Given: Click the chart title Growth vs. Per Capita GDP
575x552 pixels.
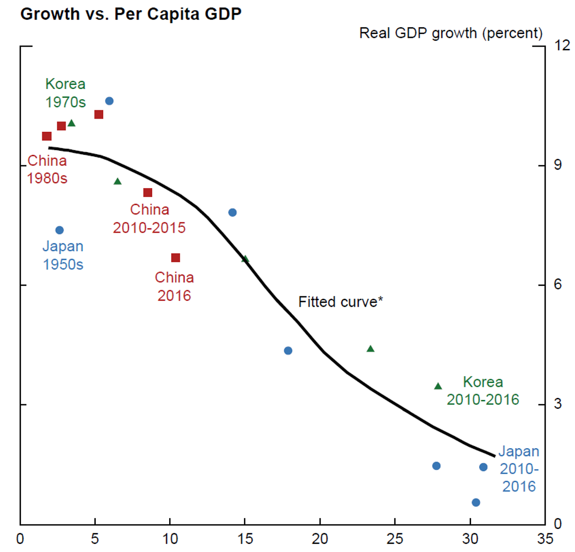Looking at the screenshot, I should tap(131, 14).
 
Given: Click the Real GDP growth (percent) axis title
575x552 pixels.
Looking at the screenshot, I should tap(450, 33).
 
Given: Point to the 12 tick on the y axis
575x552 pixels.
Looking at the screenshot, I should tap(562, 45).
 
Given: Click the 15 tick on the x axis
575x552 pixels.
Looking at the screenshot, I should tap(245, 539).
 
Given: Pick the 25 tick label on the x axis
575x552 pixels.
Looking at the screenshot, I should tap(395, 539).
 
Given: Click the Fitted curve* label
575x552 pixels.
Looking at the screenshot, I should tap(340, 302).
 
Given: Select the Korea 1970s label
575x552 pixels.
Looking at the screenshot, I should tap(65, 93).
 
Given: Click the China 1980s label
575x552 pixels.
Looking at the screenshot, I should tap(47, 169).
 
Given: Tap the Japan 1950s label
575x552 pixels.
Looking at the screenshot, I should tap(63, 255).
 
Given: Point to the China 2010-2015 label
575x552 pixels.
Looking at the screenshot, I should tap(149, 218).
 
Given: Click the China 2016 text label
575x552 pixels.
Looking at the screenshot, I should tap(174, 286).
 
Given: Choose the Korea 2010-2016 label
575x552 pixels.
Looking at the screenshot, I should tap(483, 391).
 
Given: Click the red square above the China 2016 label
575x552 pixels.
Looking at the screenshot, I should tap(175, 258).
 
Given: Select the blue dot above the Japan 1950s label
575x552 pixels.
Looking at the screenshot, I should tap(59, 230).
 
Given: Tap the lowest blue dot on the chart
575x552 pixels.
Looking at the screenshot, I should tap(476, 502).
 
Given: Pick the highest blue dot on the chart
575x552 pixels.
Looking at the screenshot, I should tap(109, 101).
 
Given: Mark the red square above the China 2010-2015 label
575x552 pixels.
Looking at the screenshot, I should tap(148, 192).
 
